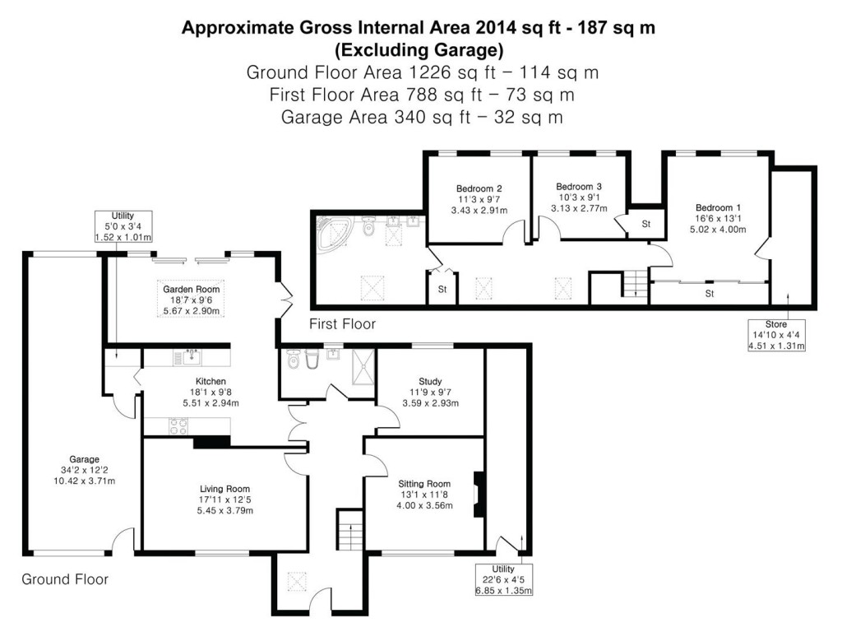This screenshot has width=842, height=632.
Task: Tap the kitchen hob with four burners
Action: [178, 426]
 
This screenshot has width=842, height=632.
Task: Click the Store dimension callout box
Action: [775, 335]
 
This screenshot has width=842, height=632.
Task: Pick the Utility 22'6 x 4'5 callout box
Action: [503, 579]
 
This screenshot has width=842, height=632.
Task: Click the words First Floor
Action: [342, 324]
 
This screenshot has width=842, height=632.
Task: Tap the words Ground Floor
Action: [64, 579]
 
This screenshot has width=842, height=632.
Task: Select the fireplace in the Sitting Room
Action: [478, 494]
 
